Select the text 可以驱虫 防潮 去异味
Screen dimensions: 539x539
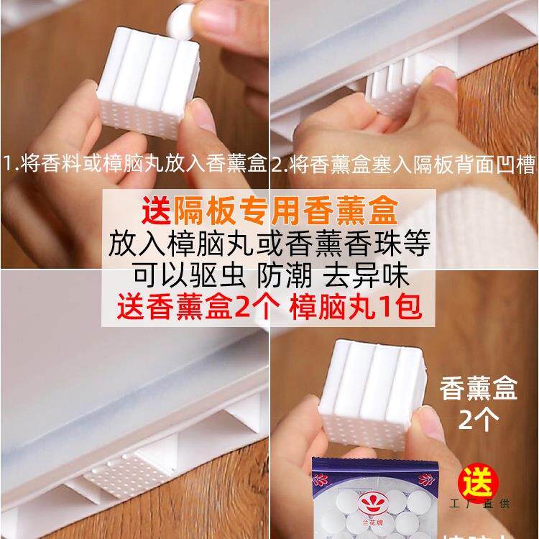coord(269,275)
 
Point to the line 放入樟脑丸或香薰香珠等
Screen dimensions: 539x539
coord(269,244)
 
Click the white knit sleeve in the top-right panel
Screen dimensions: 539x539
coord(489,216)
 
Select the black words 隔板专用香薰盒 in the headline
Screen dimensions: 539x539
coord(287,213)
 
